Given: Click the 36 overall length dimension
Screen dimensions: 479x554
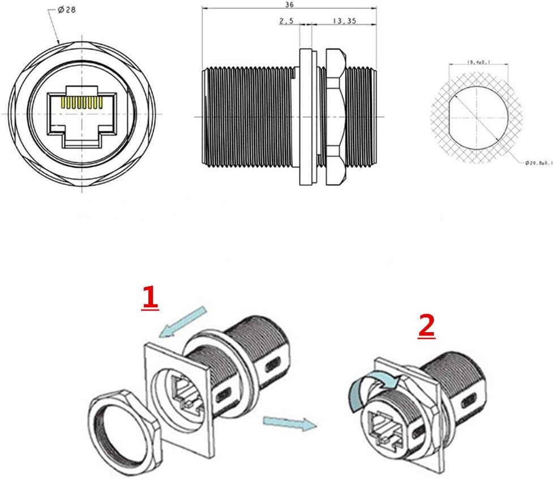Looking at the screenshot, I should (291, 5).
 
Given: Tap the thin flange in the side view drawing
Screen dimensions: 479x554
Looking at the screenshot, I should (306, 116).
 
